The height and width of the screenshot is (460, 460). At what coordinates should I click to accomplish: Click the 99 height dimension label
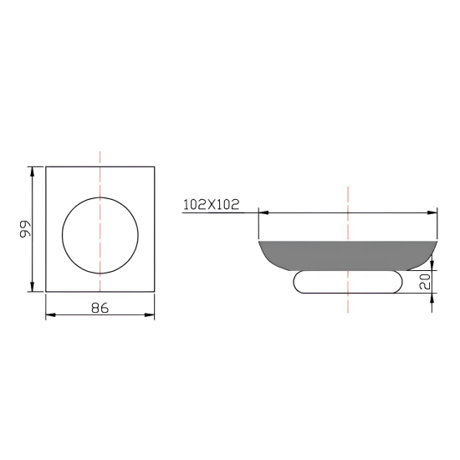[x=25, y=229]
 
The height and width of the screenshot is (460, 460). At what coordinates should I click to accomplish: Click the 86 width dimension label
[x=100, y=308]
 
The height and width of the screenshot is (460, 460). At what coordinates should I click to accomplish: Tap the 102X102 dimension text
[x=212, y=204]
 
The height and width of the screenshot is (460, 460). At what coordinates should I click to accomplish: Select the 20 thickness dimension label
[x=425, y=281]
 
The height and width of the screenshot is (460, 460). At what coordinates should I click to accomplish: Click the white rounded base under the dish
[x=348, y=282]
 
